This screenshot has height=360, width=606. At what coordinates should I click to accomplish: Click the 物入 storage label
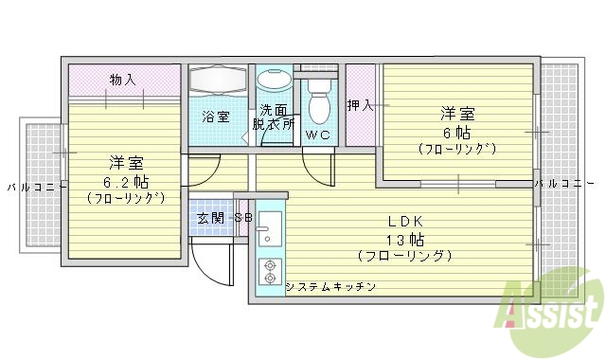[122, 79]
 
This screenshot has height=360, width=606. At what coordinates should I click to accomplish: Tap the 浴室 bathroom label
[215, 117]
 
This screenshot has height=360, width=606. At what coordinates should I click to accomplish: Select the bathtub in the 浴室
[217, 84]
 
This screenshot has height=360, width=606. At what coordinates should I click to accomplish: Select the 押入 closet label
[360, 104]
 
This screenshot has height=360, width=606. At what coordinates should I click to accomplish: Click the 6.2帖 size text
[125, 180]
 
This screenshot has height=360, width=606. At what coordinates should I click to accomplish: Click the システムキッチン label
[330, 286]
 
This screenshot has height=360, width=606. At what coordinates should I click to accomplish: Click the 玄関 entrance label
[209, 218]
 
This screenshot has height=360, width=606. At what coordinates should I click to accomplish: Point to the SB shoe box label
[242, 218]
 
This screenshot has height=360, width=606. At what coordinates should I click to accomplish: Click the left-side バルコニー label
[30, 186]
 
